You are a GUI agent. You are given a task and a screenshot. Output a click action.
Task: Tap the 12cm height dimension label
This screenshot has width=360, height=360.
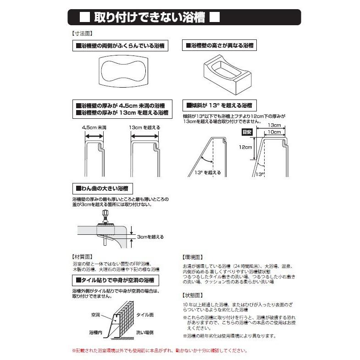[x=245, y=147]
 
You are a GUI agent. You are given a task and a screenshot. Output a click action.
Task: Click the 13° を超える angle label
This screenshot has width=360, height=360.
[x=208, y=172]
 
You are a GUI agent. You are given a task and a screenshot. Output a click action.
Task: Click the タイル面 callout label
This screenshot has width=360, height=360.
[x=145, y=316]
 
